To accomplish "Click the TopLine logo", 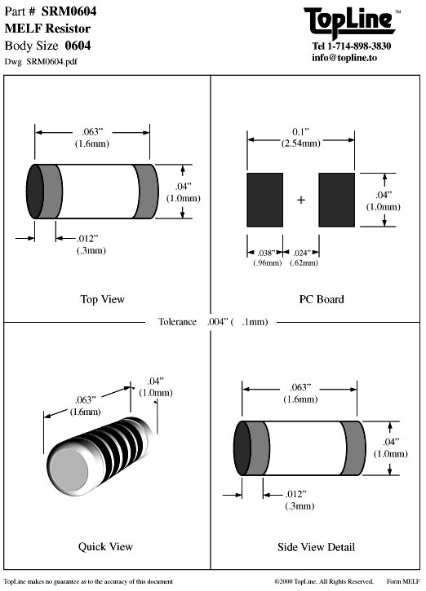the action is pos(349,22).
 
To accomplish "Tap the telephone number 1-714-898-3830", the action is pos(359,46).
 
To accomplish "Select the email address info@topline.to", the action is pos(344,58).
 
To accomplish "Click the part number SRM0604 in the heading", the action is pos(69,11).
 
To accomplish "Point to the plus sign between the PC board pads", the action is pos(300,200).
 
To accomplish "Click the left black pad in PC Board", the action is pos(265,200).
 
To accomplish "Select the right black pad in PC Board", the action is pos(336,200).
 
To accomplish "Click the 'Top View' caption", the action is pos(102,299).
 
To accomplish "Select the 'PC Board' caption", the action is pos(322,299).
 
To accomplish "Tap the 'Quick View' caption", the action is pos(105,546).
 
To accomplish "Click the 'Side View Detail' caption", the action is pos(316,547).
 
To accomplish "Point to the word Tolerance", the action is pos(177,321).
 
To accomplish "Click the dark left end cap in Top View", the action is pos(35,191).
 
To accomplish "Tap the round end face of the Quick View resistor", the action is pos(69,470).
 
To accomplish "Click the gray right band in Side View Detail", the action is pos(353,448).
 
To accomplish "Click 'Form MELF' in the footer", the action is pos(403,581).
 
